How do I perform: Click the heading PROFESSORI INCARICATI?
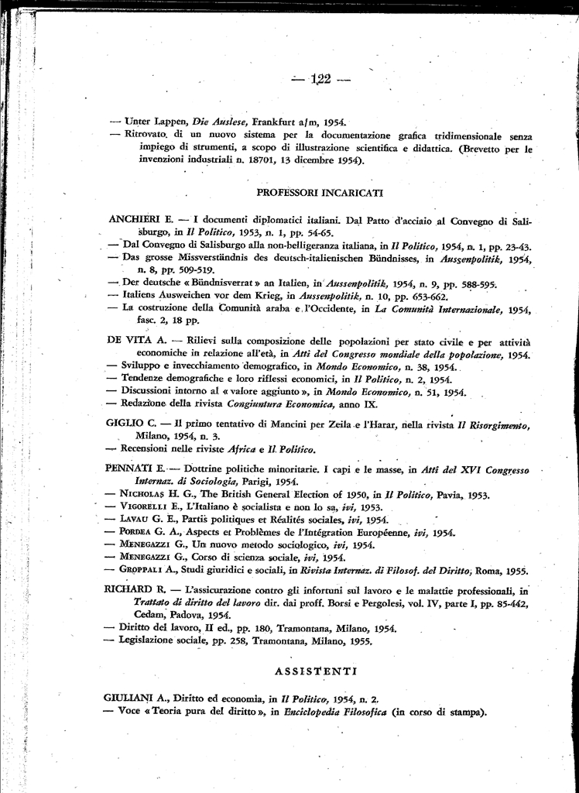(320, 192)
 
